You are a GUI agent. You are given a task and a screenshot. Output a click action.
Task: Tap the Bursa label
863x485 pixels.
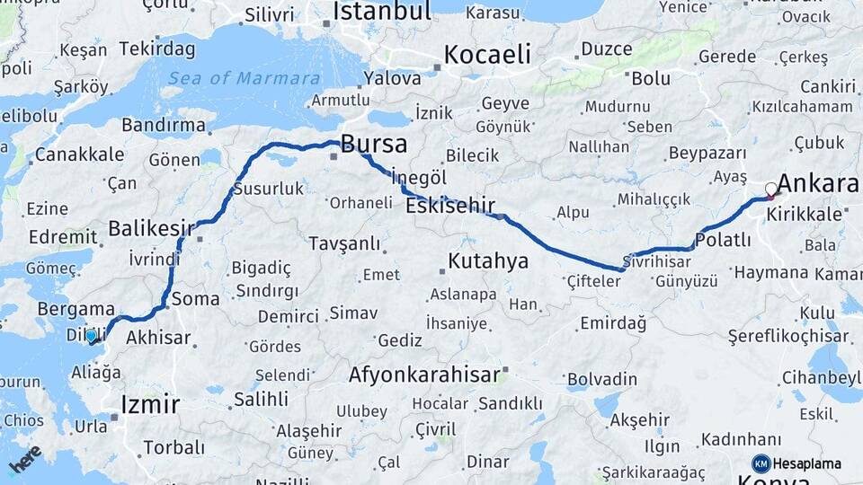(373, 144)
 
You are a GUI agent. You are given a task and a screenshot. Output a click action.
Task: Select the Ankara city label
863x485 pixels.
(818, 184)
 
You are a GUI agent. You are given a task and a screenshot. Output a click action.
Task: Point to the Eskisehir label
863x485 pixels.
(450, 207)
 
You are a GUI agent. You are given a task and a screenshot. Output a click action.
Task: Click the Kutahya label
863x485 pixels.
(488, 261)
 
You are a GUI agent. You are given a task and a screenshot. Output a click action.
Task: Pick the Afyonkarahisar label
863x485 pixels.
(424, 375)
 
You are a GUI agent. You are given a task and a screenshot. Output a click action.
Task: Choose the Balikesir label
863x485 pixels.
(151, 228)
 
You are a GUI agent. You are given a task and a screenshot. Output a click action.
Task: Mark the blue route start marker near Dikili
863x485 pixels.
(91, 336)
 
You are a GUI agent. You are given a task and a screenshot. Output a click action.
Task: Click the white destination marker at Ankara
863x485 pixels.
(771, 190)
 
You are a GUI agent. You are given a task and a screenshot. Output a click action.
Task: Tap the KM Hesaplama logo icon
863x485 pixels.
(761, 463)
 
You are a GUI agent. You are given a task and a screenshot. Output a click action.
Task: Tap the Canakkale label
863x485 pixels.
(79, 154)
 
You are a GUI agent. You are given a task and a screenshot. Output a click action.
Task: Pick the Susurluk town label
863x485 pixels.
(269, 190)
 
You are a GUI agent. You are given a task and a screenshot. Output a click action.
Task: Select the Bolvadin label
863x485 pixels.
(603, 379)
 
